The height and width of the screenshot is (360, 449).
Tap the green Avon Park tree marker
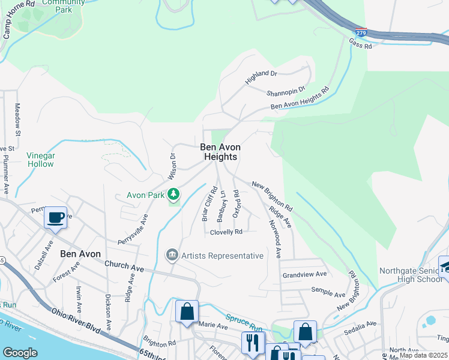(173, 194)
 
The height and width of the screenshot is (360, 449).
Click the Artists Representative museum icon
(172, 256)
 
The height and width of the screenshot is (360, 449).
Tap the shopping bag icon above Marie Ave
(187, 312)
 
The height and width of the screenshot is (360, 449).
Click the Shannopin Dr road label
(286, 91)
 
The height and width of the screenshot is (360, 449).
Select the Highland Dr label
(261, 77)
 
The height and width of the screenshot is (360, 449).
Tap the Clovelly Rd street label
(226, 232)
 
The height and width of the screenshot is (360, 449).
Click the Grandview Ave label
(304, 274)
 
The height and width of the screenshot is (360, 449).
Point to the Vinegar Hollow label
(41, 160)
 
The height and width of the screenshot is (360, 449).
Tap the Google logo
(20, 353)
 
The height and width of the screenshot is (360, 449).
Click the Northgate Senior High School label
(411, 275)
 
